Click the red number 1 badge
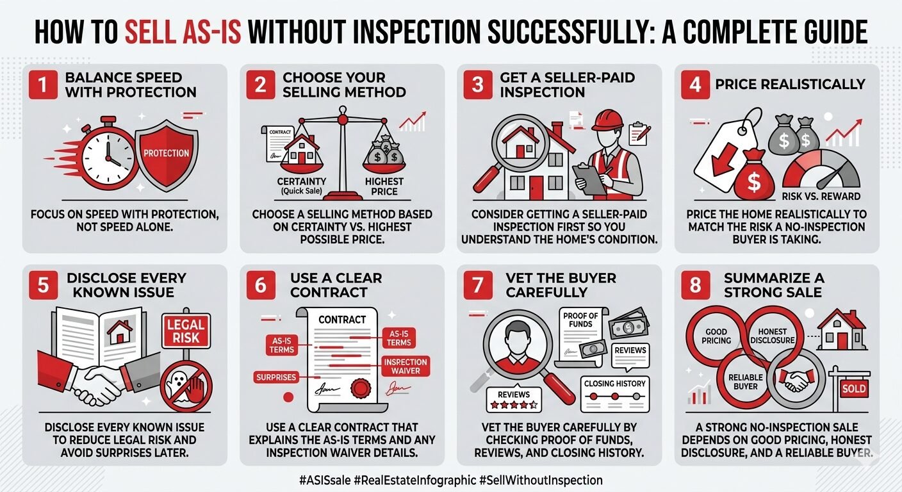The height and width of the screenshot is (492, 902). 42,84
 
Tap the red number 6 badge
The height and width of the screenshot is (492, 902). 260,284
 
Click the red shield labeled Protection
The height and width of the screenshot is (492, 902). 166,153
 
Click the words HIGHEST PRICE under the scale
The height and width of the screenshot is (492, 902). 384,186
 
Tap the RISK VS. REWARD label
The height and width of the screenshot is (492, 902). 821,195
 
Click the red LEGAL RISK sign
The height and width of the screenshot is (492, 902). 185,330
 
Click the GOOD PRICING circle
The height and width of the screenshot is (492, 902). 716,336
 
